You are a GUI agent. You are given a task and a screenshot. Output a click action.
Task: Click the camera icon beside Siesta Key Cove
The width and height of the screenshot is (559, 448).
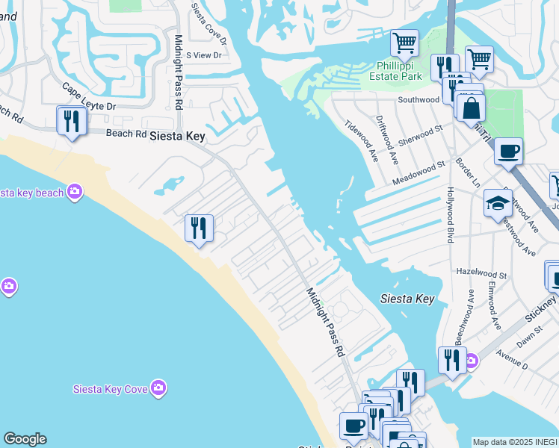[158, 387]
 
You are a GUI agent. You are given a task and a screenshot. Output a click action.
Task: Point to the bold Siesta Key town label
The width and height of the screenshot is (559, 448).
[178, 137]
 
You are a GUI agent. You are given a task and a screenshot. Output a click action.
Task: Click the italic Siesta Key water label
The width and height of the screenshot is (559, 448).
[407, 299]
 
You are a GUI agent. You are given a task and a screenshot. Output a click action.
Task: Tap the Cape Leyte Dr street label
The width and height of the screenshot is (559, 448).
[89, 98]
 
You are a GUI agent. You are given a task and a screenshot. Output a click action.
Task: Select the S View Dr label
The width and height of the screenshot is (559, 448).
[204, 55]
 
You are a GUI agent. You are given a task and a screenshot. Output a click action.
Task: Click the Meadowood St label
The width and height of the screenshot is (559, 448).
[419, 172]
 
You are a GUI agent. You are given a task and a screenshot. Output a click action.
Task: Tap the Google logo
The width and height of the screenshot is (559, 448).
[25, 439]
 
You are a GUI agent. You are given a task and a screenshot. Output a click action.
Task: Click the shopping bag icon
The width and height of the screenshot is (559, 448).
[472, 108]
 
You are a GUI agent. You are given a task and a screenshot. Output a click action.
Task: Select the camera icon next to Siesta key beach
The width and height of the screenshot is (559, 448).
[74, 192]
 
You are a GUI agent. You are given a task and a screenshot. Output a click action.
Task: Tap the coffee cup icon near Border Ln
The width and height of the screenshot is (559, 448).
[508, 151]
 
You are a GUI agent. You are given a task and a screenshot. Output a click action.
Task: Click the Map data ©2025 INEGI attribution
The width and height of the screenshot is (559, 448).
[515, 442]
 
